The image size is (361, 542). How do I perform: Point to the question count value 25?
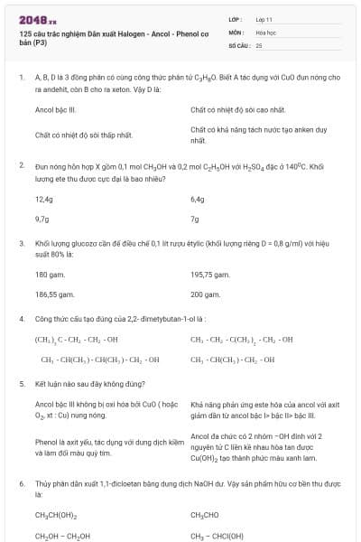[259, 43]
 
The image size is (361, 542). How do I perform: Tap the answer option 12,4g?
[44, 199]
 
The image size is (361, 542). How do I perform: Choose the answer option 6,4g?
[199, 199]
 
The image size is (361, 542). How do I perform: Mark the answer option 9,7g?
[42, 219]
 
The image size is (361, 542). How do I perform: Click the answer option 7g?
[195, 219]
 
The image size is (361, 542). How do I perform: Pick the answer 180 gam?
[49, 275]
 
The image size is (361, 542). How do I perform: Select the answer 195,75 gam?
[210, 275]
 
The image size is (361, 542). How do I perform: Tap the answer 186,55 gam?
[53, 294]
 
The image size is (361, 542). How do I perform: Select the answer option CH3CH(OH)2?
[55, 515]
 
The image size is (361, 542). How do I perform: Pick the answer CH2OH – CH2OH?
[62, 536]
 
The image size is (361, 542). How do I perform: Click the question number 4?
[22, 319]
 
